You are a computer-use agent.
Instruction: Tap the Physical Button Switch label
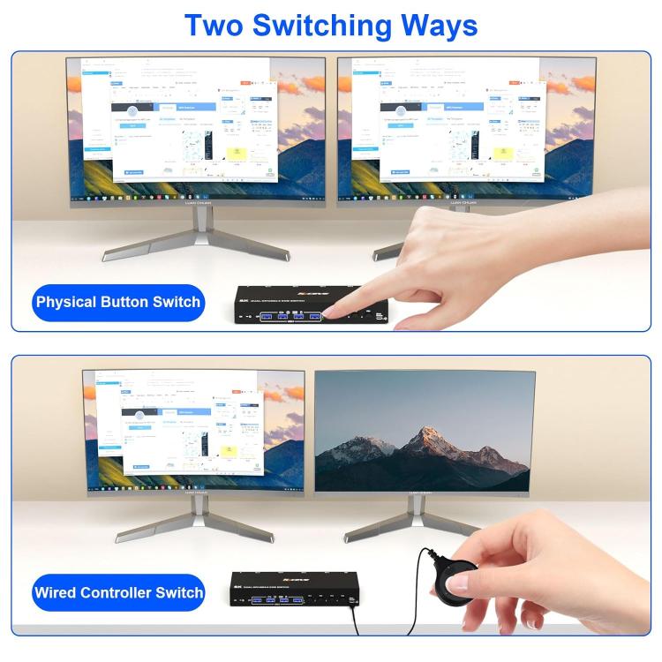118,303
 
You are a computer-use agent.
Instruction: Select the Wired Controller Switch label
118,592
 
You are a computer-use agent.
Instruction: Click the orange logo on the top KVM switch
312,293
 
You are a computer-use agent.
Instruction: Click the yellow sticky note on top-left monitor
237,154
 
